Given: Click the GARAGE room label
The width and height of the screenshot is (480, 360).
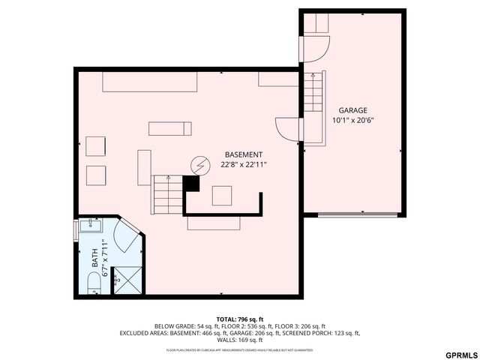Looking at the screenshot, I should (x=352, y=110).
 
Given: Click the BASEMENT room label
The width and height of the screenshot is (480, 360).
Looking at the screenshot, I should (x=243, y=154).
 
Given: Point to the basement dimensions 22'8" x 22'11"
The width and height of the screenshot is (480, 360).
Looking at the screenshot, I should (x=243, y=164).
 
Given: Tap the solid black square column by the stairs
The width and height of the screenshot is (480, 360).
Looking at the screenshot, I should (x=192, y=182).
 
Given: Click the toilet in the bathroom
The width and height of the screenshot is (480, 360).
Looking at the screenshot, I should (x=92, y=283).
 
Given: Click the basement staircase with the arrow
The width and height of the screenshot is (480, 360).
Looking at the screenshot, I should (x=167, y=195).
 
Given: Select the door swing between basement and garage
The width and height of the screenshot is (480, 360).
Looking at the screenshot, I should (x=288, y=129).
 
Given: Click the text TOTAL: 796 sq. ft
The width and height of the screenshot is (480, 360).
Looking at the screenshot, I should (x=239, y=319).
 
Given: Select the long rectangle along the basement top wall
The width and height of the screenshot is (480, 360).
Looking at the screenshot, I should (x=149, y=81).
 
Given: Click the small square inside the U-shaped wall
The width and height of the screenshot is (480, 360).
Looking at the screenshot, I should (x=222, y=195).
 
